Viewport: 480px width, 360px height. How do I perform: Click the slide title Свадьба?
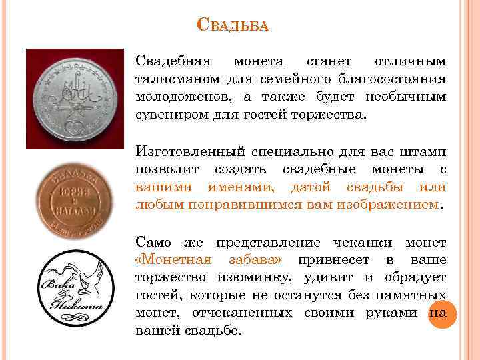coord(233,26)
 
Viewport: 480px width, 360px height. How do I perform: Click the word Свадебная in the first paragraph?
coord(173,62)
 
